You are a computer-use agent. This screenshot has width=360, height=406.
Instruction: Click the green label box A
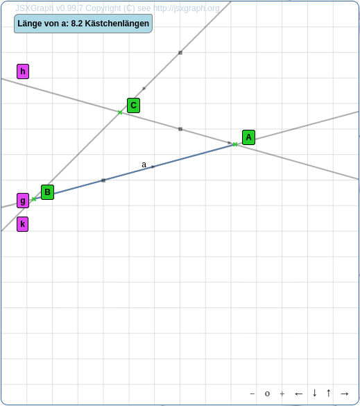pos(248,137)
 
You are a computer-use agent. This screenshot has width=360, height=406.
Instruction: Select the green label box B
pos(47,192)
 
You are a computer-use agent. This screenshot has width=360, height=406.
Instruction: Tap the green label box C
pos(134,105)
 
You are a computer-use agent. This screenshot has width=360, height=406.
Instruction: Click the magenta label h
pos(23,71)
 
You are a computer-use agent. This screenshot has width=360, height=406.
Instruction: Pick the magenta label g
pos(23,201)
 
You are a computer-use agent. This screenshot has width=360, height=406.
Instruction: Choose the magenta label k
pos(22,224)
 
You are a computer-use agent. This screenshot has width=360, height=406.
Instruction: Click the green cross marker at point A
pos(235,144)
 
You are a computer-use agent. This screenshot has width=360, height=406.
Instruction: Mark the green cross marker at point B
pos(34,199)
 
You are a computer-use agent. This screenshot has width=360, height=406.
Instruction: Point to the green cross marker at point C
pos(120,112)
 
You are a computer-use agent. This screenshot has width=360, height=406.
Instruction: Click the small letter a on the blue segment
pos(144,164)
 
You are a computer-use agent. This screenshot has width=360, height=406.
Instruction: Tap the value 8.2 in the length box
pos(77,24)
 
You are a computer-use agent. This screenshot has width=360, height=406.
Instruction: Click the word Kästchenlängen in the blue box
pos(117,24)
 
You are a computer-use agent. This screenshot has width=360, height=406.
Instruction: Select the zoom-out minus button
pos(252,394)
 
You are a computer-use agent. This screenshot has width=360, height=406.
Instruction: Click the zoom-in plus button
pos(282,394)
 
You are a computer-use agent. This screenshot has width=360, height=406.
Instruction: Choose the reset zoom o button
pos(267,394)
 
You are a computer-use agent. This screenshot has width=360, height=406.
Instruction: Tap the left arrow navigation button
pos(299,394)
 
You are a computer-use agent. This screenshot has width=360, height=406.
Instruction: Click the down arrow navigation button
pos(314,393)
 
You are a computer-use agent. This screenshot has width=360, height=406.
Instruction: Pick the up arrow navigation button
pos(328,393)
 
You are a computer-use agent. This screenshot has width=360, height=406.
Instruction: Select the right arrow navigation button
pos(345,394)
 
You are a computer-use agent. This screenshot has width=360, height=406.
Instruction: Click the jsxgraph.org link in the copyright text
pos(187,8)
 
